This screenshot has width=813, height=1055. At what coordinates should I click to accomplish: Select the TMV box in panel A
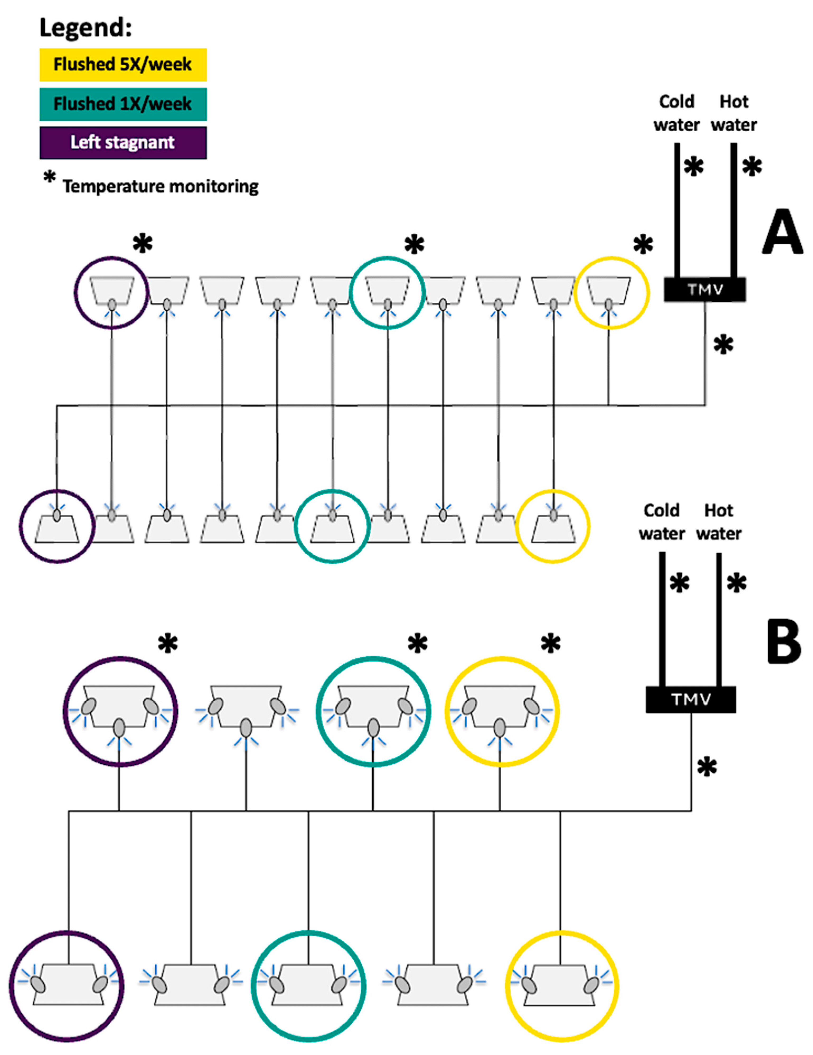tap(705, 289)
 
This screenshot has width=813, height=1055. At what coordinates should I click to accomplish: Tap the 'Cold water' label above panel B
tap(661, 522)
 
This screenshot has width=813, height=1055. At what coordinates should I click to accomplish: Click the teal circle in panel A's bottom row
tap(332, 526)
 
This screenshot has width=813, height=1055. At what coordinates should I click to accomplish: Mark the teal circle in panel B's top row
tap(373, 711)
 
